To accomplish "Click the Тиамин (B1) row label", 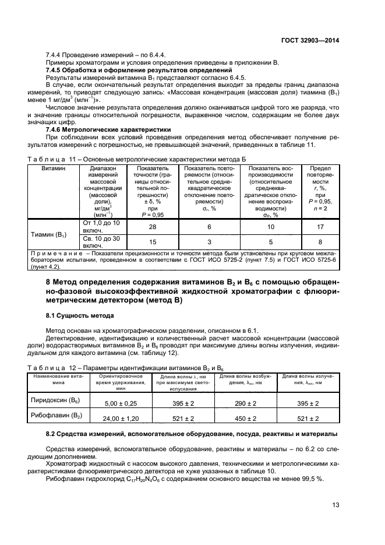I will pyautogui.click(x=48, y=234).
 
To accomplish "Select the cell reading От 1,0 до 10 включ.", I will pyautogui.click(x=102, y=226).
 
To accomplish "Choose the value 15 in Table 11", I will pyautogui.click(x=151, y=242).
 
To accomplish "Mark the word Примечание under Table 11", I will pyautogui.click(x=57, y=253).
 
